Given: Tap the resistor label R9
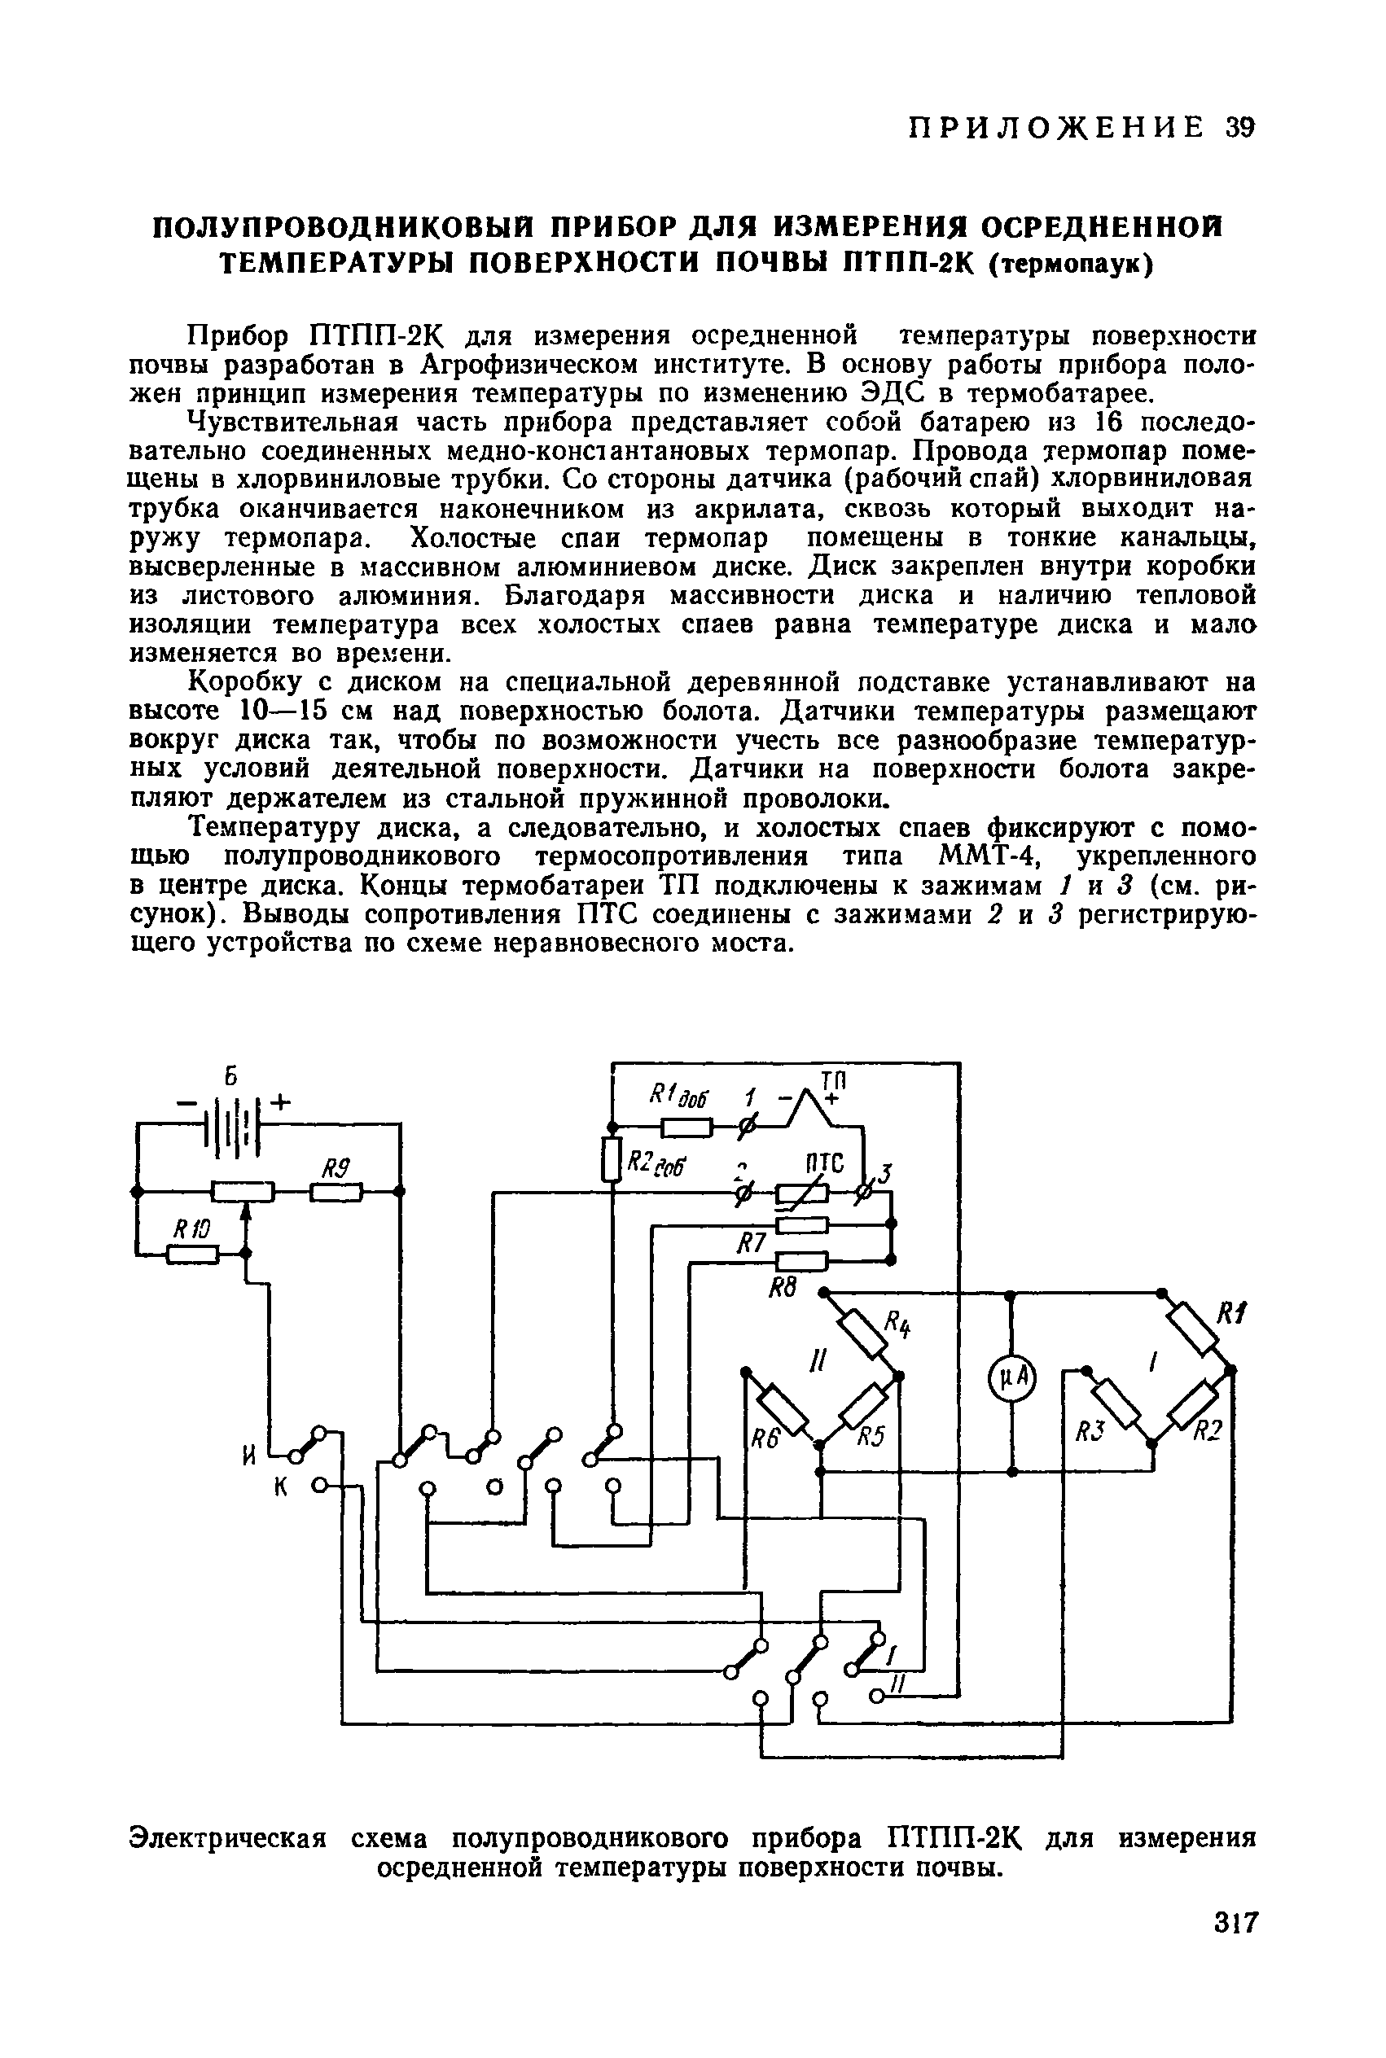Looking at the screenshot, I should (335, 1170).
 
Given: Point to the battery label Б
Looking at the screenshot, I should (231, 1077).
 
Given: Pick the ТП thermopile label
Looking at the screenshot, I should (833, 1082).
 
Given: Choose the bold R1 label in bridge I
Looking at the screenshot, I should (1230, 1314).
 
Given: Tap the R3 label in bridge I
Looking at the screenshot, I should (1086, 1433).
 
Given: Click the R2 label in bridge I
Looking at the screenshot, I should (1208, 1433).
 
